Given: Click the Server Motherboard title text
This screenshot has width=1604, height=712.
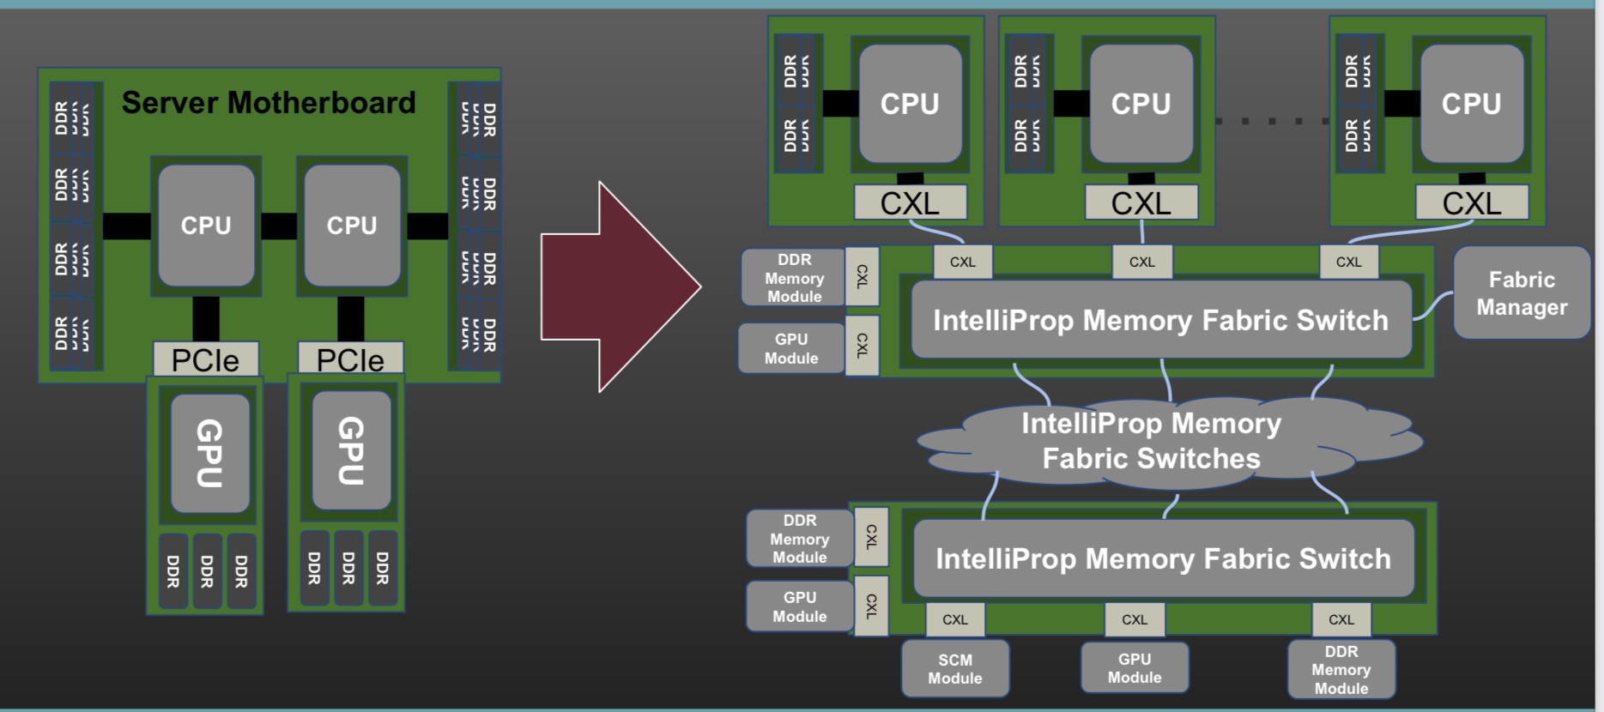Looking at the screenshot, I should [x=269, y=103].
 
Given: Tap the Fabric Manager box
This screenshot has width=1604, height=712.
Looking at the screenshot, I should [x=1521, y=293].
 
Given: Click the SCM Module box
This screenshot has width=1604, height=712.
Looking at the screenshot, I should [x=955, y=669].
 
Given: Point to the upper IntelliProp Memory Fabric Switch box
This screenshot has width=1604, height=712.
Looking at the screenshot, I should [x=1160, y=320].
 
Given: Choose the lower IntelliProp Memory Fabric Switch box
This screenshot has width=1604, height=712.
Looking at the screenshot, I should [x=1163, y=558].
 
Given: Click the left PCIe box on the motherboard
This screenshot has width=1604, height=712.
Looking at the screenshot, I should [x=205, y=359].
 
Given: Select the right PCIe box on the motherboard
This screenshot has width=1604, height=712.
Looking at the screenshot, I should [x=350, y=359].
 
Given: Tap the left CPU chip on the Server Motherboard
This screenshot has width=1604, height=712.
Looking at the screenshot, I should [x=206, y=226].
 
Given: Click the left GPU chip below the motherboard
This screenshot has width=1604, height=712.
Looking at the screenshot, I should [x=209, y=453].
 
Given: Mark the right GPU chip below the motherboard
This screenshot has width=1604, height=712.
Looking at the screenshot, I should [x=351, y=451].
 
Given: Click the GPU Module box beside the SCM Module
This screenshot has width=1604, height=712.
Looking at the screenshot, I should [x=1135, y=668].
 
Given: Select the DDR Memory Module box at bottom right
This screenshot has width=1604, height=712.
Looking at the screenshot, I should [x=1341, y=670].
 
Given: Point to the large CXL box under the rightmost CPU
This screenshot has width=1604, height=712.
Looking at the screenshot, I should [x=1472, y=203].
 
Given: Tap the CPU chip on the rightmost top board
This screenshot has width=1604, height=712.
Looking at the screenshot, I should [x=1472, y=104].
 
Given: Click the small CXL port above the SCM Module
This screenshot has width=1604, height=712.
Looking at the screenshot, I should [x=955, y=619].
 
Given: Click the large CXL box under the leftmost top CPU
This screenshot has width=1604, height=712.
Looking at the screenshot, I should [x=910, y=203].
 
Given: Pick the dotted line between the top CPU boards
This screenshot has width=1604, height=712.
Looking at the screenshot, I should [x=1272, y=121].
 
